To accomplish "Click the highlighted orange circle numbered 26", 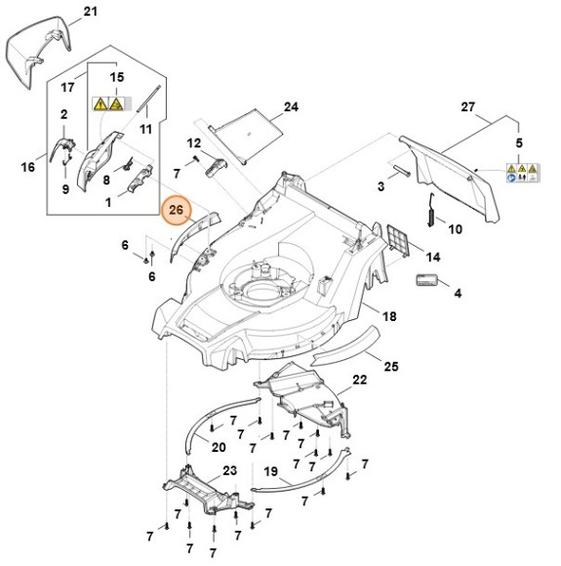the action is (176, 210).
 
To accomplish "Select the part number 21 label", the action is (91, 12).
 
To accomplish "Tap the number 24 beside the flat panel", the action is (292, 107).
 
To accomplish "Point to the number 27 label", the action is (468, 107).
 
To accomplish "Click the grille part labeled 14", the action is (398, 240).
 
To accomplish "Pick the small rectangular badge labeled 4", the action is (426, 280).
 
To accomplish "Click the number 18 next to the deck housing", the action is (389, 316).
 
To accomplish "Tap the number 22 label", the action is (360, 380).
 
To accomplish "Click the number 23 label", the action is (229, 470).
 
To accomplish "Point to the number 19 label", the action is (271, 471).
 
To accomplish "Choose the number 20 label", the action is (218, 448).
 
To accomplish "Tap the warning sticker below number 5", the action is (522, 173).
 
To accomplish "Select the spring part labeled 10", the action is (431, 210).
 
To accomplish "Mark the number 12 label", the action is (193, 143).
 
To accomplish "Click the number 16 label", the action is (27, 167).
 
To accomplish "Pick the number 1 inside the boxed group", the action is (108, 203).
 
